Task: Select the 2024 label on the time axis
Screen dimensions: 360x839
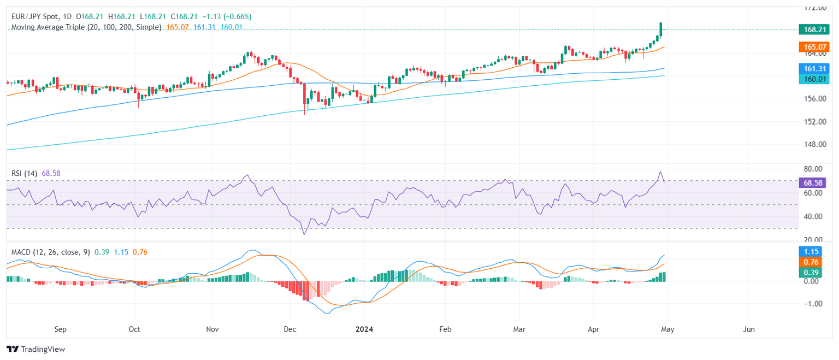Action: [364, 329]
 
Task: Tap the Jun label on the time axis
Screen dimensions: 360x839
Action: [749, 329]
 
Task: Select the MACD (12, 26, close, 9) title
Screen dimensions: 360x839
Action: [51, 252]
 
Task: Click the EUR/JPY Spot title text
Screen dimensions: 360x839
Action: [33, 16]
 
